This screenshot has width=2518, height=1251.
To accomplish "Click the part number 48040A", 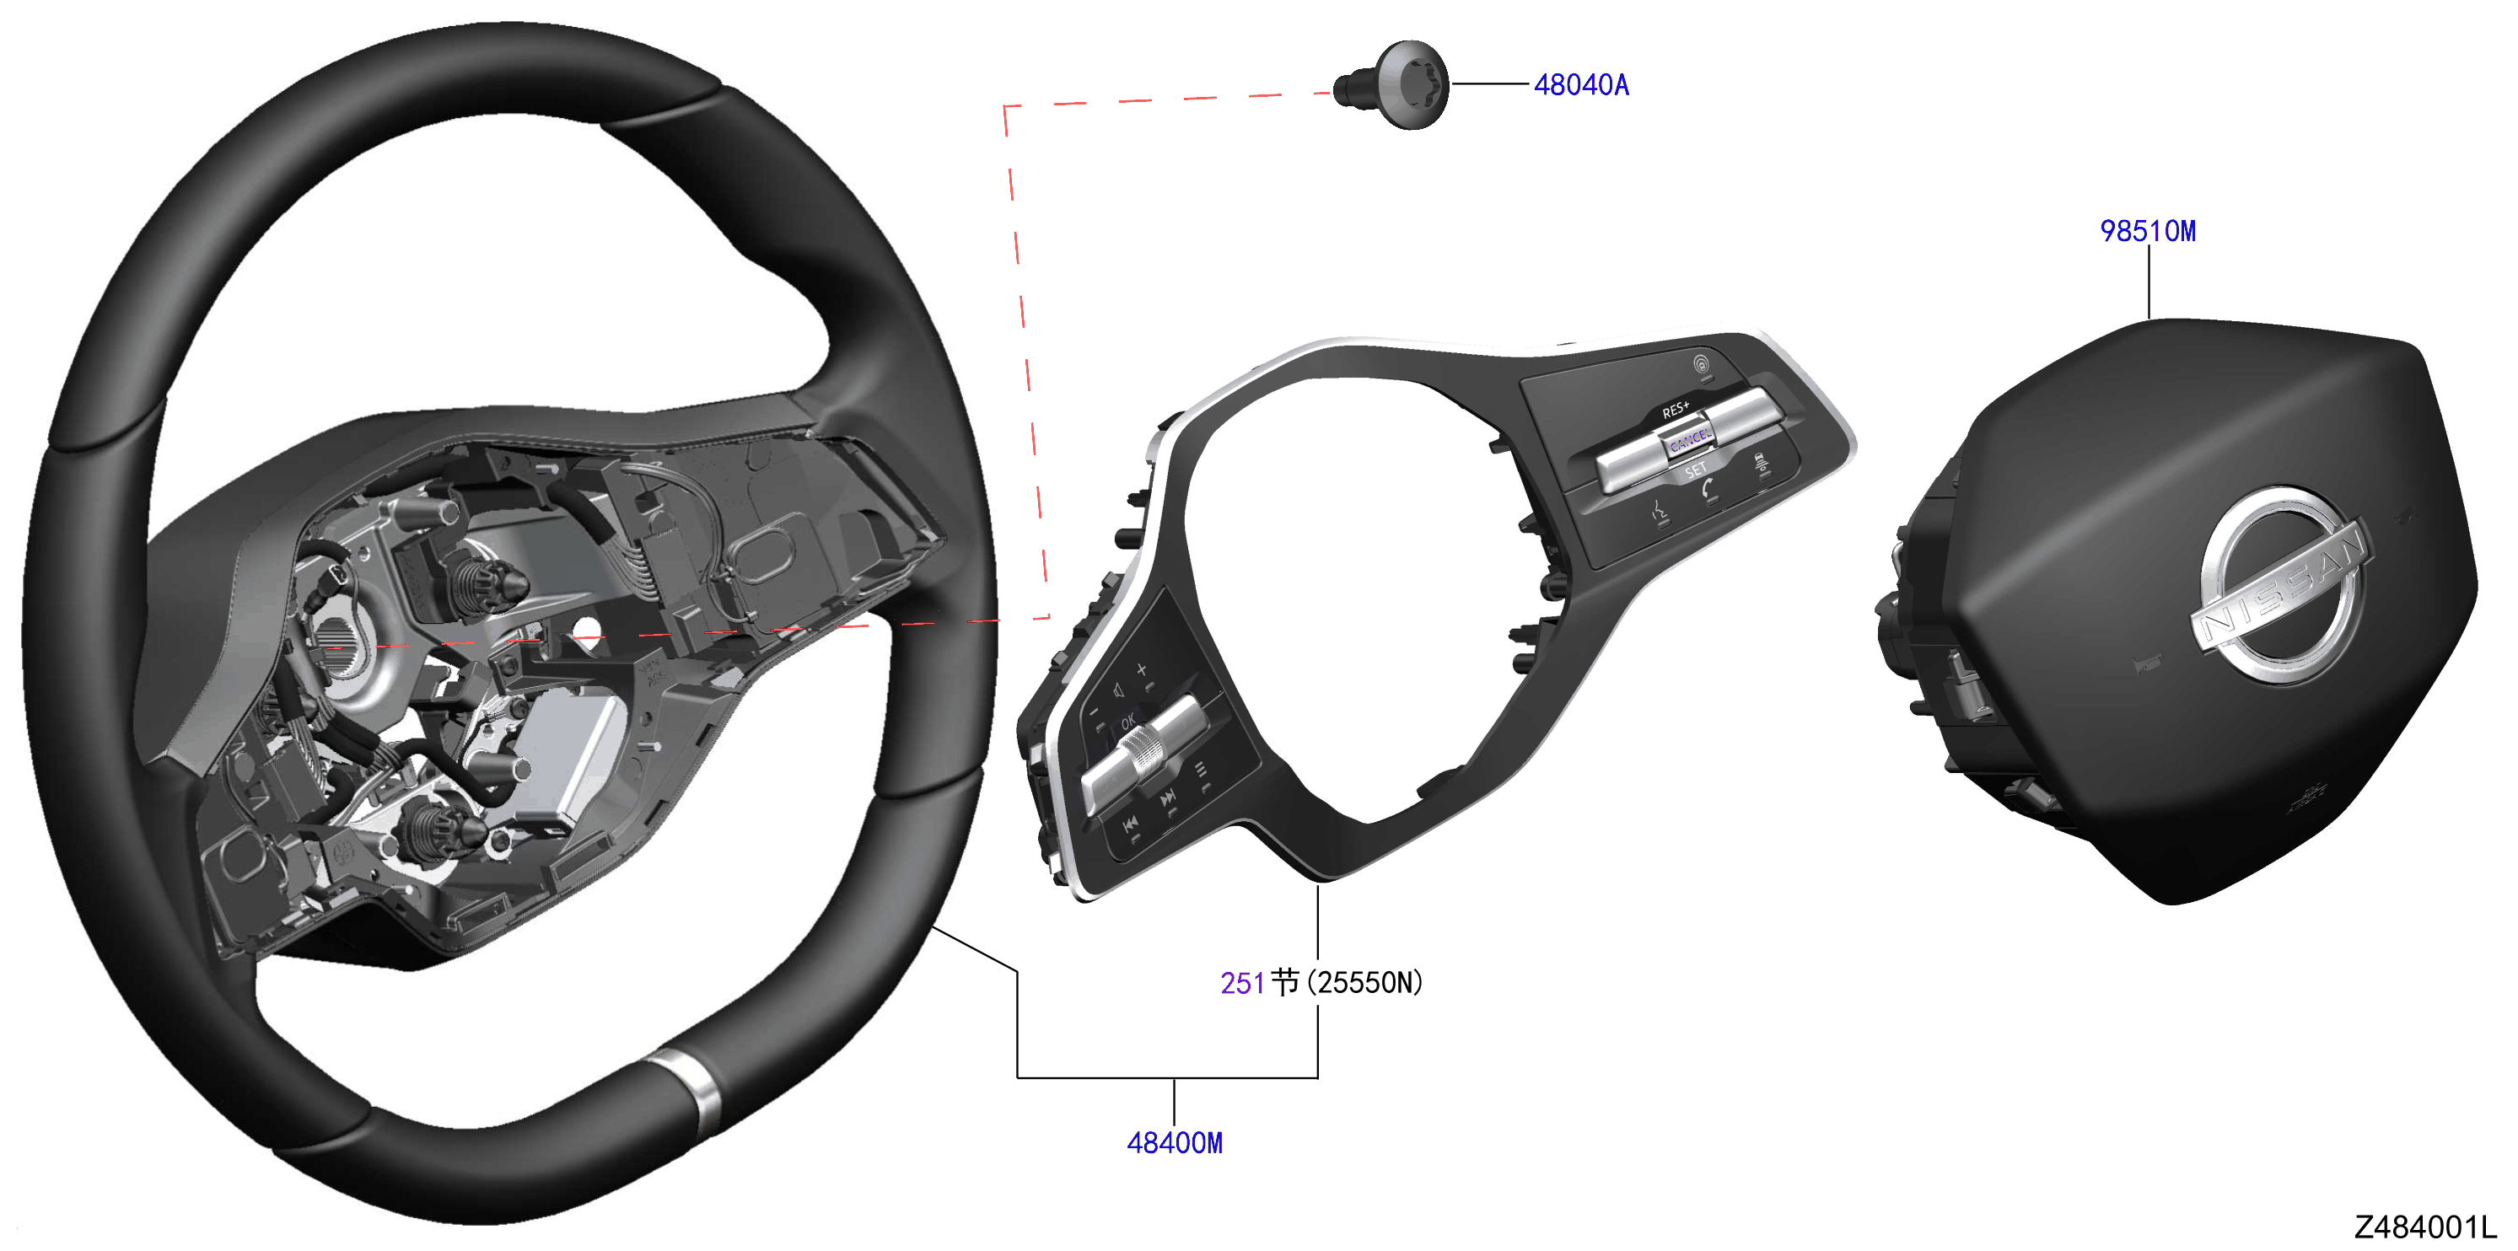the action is tap(1580, 85).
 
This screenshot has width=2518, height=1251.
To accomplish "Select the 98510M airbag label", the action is tap(2148, 231).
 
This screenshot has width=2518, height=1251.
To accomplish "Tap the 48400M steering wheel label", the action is tap(1174, 1142).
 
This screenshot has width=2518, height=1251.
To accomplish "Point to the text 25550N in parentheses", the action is tap(1369, 982).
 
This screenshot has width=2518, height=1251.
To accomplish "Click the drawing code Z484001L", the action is tap(2425, 1227).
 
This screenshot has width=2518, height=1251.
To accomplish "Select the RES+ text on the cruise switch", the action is tap(1676, 410).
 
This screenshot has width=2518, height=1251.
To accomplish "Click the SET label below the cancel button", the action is tap(1696, 471).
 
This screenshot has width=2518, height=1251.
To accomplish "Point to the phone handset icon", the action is tap(1707, 488).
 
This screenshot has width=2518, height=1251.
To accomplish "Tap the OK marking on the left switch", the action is tap(1127, 722).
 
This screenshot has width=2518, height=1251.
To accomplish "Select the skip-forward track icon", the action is tap(1167, 799).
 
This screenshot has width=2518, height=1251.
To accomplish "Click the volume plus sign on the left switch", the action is tap(1141, 669).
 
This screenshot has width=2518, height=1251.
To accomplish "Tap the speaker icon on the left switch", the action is tap(1118, 691).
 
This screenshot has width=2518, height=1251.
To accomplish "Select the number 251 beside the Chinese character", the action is tap(1242, 983).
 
